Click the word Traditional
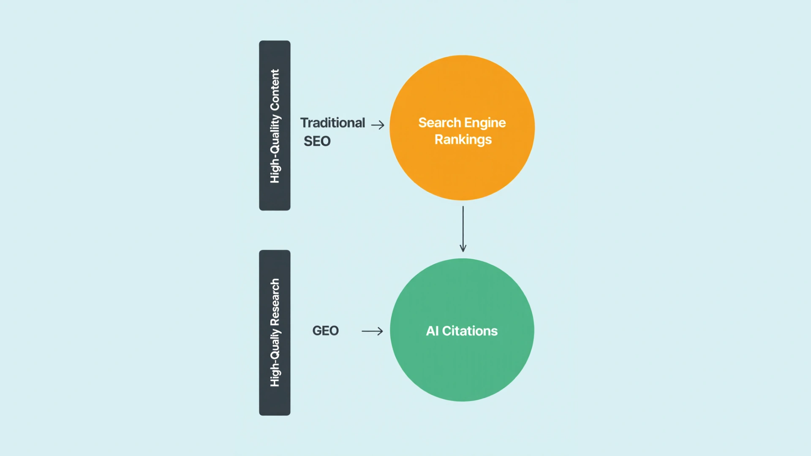point(332,123)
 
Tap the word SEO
point(317,141)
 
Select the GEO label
point(325,331)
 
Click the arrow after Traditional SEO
point(378,125)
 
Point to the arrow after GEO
point(372,331)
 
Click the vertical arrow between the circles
point(463,228)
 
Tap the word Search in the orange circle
point(439,123)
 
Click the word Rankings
point(463,140)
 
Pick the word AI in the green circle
point(432,331)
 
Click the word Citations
point(470,331)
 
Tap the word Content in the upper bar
point(275,90)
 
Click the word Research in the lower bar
point(275,301)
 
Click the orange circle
point(462,169)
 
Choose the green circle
point(462,367)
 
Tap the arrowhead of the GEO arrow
point(381,331)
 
